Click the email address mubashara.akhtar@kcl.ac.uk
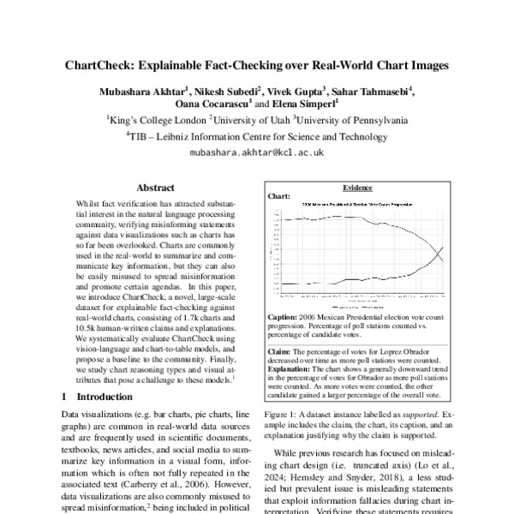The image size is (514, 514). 256,152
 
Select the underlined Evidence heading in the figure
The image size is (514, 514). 356,187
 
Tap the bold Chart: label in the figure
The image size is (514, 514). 280,196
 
